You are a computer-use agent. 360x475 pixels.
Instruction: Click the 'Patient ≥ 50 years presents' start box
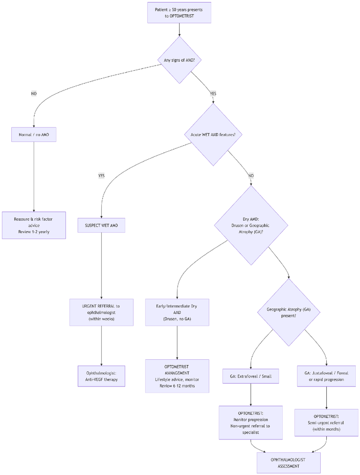pos(179,13)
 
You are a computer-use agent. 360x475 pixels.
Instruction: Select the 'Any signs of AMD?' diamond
pos(180,60)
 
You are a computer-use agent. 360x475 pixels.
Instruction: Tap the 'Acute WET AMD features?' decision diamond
pos(213,134)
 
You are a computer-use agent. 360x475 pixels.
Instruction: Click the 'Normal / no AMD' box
pos(34,134)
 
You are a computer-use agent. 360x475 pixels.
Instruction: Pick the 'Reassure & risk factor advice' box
pos(34,225)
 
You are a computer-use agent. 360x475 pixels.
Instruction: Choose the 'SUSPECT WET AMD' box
pos(101,225)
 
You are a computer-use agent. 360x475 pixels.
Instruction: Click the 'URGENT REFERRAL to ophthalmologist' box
pos(102,312)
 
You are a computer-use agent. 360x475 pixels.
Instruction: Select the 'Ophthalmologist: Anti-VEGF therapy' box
pos(102,376)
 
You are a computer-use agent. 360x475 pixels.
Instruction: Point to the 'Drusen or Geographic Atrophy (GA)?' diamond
pos(251,225)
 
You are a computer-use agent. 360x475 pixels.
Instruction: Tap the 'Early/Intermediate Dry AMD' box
pos(177,312)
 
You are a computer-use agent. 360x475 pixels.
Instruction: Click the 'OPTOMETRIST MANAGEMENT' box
pos(177,376)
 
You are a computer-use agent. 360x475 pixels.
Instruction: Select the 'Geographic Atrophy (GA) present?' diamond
pos(289,312)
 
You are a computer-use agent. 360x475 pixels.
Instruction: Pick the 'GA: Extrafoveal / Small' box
pos(251,376)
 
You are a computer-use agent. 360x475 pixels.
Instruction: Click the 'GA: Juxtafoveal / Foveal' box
pos(326,376)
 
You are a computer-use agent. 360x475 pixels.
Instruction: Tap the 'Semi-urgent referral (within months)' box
pos(326,423)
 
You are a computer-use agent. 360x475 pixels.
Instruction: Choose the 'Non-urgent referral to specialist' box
pos(251,423)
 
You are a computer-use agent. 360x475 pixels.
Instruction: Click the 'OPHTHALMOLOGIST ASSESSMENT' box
pos(288,463)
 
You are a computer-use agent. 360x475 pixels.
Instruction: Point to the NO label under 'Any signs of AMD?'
pos(34,94)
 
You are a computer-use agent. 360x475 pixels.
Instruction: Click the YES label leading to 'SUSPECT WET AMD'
pos(101,176)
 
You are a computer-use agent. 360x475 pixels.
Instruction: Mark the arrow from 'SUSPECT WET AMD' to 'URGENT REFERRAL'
pos(101,266)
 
